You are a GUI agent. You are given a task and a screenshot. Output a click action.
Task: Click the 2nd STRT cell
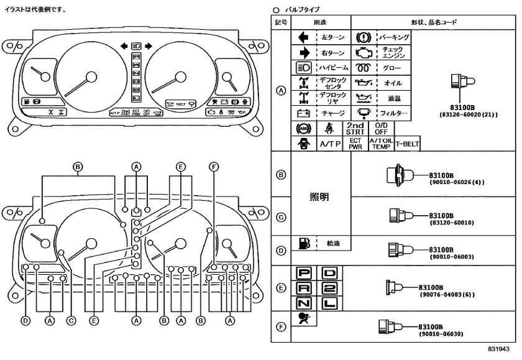click(355, 128)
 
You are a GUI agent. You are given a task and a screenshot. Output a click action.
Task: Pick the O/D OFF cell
click(381, 128)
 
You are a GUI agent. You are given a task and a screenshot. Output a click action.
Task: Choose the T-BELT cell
click(407, 143)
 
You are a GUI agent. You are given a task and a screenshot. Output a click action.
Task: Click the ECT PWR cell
click(355, 143)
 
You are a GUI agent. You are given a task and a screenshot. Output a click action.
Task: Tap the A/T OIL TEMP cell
click(381, 143)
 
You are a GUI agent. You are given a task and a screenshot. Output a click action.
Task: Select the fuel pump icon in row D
click(304, 243)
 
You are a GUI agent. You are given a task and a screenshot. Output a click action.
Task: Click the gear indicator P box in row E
click(305, 273)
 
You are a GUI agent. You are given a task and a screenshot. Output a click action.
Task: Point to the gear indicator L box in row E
click(330, 303)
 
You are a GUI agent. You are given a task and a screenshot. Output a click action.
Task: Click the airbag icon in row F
click(305, 321)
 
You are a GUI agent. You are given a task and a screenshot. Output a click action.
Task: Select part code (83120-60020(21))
click(465, 115)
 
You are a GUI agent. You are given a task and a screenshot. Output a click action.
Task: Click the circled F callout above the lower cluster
click(214, 166)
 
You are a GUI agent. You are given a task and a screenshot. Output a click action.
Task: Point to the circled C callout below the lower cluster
click(71, 321)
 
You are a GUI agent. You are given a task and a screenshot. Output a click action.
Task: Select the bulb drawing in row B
click(397, 175)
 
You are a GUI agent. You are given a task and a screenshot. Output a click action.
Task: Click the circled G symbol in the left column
click(281, 217)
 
